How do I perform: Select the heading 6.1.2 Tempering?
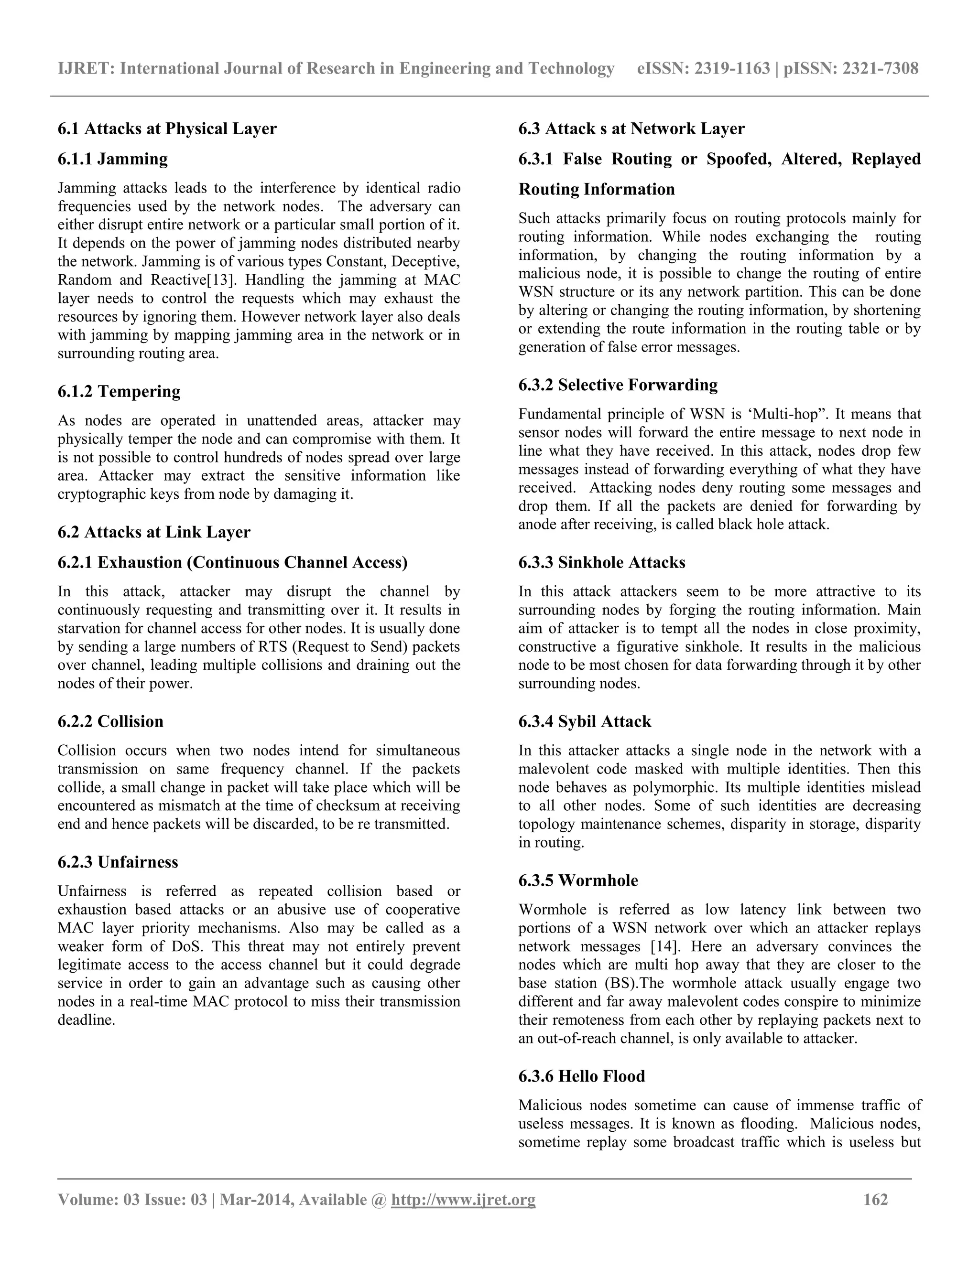tap(119, 391)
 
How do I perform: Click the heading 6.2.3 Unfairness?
tap(118, 862)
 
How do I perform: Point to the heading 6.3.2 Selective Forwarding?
tap(618, 385)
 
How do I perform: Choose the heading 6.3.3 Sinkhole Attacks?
tap(601, 562)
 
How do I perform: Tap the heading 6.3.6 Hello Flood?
tap(581, 1076)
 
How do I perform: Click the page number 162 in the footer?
tap(875, 1199)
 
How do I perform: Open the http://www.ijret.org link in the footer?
tap(463, 1199)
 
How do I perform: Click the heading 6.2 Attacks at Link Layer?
tap(154, 532)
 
